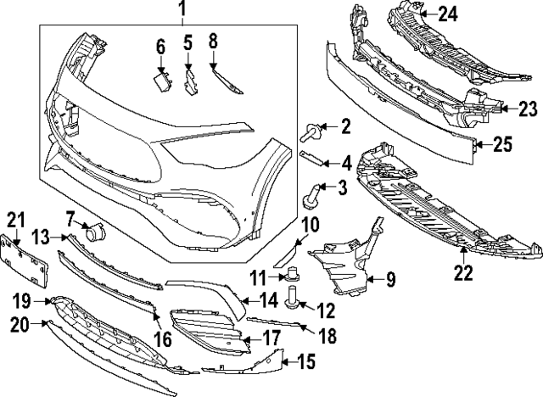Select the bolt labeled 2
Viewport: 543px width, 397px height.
click(310, 130)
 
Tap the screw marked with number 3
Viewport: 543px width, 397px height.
click(311, 194)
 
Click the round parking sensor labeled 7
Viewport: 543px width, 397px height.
click(95, 229)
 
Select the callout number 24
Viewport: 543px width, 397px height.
click(447, 13)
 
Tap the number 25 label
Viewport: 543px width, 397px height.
click(502, 145)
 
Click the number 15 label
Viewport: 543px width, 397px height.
click(305, 362)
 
